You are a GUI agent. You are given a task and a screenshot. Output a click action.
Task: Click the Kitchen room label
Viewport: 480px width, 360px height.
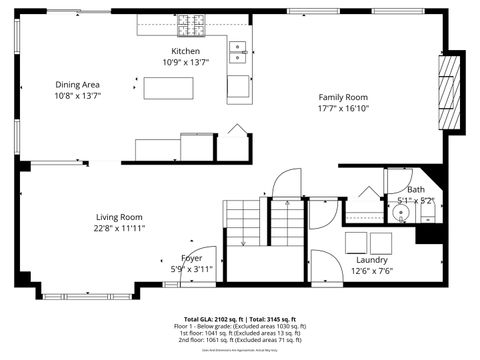(x=185, y=51)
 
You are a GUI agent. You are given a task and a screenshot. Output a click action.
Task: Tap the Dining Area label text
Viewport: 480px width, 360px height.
(x=77, y=85)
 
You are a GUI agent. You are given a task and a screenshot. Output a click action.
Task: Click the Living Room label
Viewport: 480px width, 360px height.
(x=119, y=217)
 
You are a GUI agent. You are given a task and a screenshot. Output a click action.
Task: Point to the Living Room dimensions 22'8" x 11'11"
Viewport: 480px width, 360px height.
(x=119, y=228)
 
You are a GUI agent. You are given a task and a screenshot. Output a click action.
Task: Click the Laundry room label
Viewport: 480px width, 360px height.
(x=371, y=259)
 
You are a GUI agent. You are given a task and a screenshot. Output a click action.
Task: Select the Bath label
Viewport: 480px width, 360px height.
(x=415, y=189)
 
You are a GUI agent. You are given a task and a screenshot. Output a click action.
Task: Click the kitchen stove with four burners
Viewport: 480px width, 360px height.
(x=191, y=21)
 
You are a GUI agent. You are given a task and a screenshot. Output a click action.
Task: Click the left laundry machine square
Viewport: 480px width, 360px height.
(x=356, y=241)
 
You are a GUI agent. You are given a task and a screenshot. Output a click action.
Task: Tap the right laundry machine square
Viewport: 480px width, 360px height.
(x=380, y=241)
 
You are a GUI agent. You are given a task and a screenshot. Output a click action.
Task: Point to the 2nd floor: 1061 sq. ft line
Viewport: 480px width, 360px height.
(x=240, y=340)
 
